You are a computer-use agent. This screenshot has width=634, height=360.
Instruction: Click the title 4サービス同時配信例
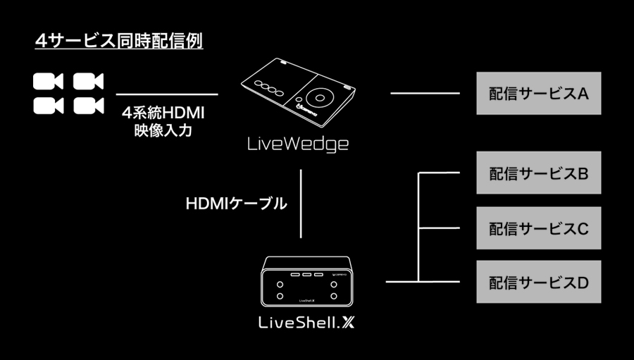[x=119, y=40]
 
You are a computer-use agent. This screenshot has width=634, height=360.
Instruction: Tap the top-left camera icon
[x=48, y=81]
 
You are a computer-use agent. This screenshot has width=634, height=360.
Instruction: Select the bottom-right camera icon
[x=88, y=105]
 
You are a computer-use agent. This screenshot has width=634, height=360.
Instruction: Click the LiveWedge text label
[x=298, y=144]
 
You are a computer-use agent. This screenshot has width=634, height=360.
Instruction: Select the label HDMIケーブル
[x=236, y=204]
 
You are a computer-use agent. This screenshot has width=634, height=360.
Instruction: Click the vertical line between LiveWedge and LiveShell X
[x=302, y=204]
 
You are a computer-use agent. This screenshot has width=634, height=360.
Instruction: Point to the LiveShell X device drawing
[x=307, y=281]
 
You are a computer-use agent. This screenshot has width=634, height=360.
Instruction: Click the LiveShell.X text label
[x=307, y=323]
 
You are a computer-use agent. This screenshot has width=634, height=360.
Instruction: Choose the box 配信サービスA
[x=539, y=93]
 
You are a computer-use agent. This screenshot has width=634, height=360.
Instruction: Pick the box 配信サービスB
[x=539, y=173]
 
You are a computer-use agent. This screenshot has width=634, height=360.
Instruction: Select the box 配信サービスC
[x=539, y=228]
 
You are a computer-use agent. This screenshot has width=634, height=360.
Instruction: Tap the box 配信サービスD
[x=539, y=282]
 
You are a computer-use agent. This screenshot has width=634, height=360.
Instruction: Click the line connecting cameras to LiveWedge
[x=166, y=94]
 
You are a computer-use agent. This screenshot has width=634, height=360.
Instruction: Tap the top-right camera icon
[x=88, y=81]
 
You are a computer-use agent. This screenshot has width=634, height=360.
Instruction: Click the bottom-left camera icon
[x=48, y=105]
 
